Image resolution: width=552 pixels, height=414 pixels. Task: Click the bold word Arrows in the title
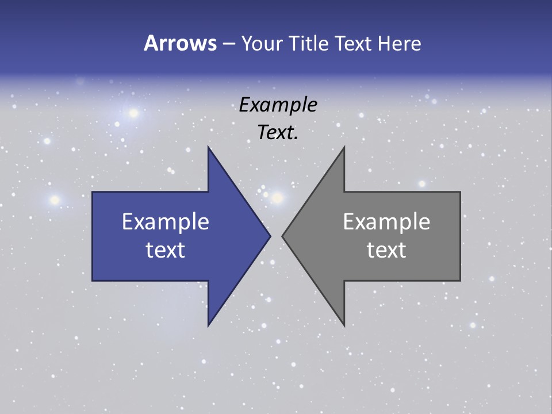180,43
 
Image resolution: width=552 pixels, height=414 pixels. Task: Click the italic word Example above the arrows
278,105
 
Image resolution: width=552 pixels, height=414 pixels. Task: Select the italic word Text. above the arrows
278,133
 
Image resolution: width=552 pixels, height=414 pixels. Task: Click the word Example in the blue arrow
166,221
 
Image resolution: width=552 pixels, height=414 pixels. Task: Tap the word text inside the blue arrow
166,250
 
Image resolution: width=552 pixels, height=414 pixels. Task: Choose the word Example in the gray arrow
386,221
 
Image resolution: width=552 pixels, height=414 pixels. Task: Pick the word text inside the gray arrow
386,250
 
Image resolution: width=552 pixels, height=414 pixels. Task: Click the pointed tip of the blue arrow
270,236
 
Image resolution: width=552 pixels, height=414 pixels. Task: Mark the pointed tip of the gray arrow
283,236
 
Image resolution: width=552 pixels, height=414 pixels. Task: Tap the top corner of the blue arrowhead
209,147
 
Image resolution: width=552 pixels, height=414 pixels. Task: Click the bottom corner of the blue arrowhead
209,325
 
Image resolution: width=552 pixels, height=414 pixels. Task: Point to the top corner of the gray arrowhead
344,147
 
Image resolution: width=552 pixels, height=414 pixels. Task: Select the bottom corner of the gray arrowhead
344,325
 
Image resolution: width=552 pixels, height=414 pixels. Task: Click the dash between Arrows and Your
228,44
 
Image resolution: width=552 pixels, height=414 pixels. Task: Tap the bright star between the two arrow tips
277,198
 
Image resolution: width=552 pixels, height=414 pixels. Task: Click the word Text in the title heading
354,43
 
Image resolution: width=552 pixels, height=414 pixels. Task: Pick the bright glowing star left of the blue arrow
55,200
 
